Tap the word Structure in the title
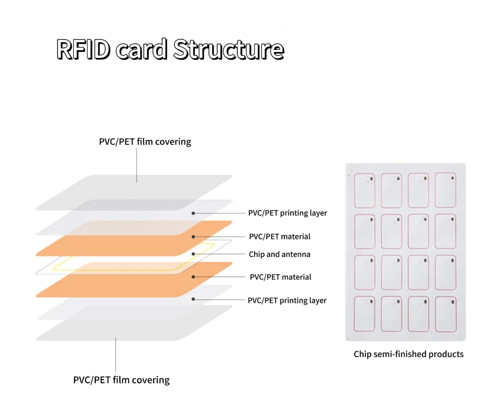click(x=229, y=50)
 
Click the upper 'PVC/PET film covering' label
click(x=145, y=142)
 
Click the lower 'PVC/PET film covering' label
click(x=121, y=380)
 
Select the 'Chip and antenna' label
click(x=279, y=254)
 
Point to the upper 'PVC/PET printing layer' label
click(x=287, y=213)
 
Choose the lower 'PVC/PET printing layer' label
click(x=287, y=300)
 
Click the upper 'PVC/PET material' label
click(x=279, y=236)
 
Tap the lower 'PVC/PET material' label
click(x=280, y=277)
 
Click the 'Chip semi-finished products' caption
click(x=409, y=354)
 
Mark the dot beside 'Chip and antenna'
click(x=193, y=254)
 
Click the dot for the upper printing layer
click(x=193, y=213)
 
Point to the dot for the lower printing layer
click(x=193, y=299)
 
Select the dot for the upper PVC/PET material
click(x=193, y=236)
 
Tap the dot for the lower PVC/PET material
click(x=193, y=277)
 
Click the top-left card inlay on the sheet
click(x=364, y=190)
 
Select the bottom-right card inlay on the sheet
click(x=446, y=314)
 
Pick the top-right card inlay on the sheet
click(x=446, y=190)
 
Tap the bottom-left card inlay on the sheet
click(x=364, y=314)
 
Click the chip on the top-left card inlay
click(x=371, y=179)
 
